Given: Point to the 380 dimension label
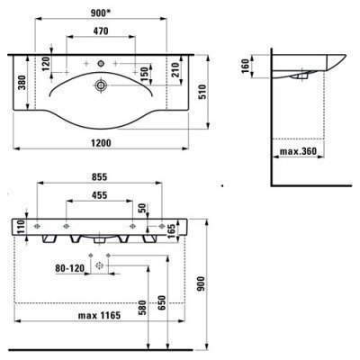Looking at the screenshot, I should coord(22,85).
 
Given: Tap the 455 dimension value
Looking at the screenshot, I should coord(102,196).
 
